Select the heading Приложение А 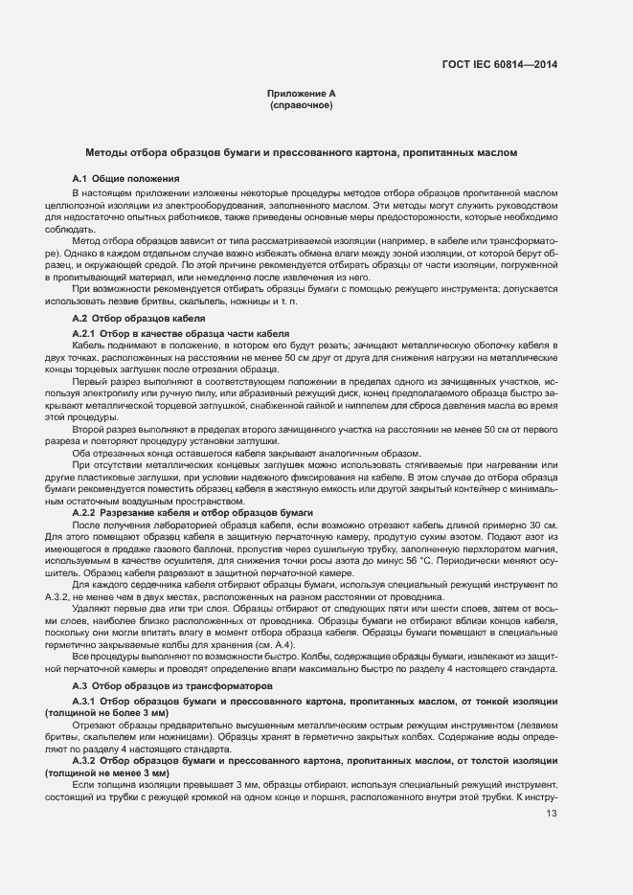click(301, 94)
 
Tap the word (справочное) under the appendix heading click(301, 104)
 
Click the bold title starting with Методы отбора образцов click(301, 152)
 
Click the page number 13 click(551, 815)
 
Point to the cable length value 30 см click(541, 526)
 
